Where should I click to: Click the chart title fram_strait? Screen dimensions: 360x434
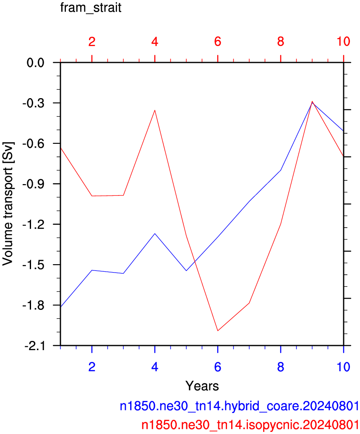coord(91,8)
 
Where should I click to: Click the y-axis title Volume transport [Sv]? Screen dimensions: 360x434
coord(8,204)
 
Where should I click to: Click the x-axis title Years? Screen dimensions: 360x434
coord(202,385)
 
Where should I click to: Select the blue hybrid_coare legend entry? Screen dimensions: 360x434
coord(239,406)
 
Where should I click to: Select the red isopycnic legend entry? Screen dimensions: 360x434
coord(250,425)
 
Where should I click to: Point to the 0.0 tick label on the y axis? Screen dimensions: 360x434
coord(35,63)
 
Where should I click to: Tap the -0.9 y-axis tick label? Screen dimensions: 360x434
coord(33,184)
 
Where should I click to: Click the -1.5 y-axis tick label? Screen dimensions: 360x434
coord(33,265)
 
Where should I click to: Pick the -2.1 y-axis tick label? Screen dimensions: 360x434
coord(34,346)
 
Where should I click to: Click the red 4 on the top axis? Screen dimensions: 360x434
coord(155,42)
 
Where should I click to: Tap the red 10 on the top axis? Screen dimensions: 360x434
coord(343,42)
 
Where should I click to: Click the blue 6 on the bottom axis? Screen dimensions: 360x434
coord(218,367)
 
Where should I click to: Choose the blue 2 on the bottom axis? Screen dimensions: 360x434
coord(92,367)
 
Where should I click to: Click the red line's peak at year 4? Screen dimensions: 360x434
coord(155,110)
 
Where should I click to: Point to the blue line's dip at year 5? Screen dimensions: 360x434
coord(186,271)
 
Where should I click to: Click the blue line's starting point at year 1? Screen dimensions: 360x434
coord(61,307)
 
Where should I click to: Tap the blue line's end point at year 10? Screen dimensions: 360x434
coord(343,131)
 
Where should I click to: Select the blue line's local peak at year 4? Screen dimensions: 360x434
coord(155,234)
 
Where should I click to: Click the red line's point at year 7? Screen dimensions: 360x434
coord(249,303)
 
